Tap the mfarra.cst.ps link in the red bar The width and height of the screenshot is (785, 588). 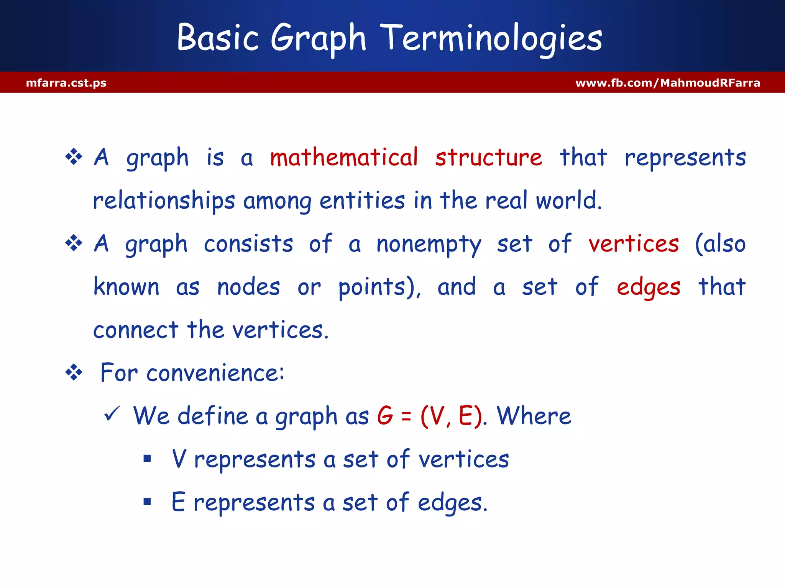(x=66, y=83)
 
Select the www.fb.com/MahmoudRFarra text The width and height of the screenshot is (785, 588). (x=668, y=83)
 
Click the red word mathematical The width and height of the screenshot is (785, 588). (x=344, y=157)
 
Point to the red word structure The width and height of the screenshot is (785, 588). (x=489, y=157)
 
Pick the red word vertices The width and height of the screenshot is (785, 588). (x=634, y=244)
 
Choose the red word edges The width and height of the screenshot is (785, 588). (x=649, y=287)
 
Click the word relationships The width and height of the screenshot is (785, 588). (x=164, y=201)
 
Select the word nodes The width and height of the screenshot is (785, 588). (x=248, y=287)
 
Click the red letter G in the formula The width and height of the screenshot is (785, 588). (x=385, y=416)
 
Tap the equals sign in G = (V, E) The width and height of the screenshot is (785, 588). (x=406, y=416)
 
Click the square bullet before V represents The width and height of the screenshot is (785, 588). (x=147, y=458)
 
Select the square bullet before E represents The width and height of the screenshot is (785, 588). (x=147, y=501)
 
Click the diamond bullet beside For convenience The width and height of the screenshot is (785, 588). (x=74, y=372)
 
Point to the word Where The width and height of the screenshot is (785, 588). (x=534, y=416)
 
